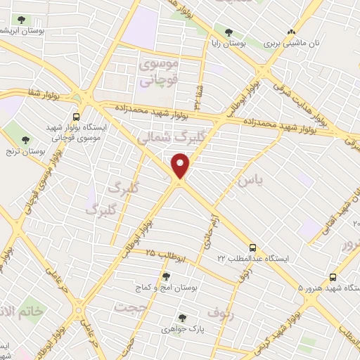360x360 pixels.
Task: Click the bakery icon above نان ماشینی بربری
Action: coord(292,32)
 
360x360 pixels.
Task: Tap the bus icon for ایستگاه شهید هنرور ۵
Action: coord(333,277)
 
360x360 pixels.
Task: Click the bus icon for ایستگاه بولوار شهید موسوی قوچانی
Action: coord(76,117)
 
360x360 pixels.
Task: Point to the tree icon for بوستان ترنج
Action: coord(26,141)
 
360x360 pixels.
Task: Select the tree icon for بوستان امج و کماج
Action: coord(167,276)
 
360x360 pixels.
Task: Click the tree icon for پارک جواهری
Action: coord(183,317)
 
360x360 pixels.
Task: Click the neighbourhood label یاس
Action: coord(250,180)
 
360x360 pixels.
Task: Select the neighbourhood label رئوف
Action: coord(221,310)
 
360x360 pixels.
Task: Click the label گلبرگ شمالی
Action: coord(167,138)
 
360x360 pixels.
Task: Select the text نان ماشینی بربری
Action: coord(292,44)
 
